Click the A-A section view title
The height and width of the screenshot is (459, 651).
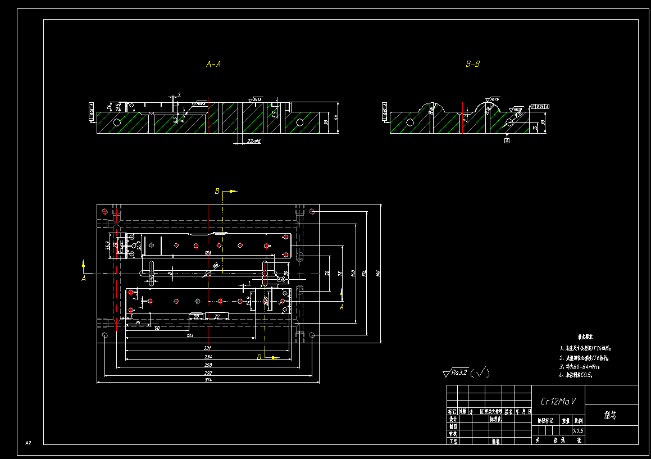[x=213, y=65]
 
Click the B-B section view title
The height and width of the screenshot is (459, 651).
[x=473, y=65]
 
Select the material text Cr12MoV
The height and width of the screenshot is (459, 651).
[x=558, y=402]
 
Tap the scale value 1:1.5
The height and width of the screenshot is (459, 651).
[x=578, y=431]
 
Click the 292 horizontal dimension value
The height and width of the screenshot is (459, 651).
[x=208, y=372]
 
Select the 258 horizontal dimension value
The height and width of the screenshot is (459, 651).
[x=208, y=365]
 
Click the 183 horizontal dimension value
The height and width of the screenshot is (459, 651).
[x=190, y=336]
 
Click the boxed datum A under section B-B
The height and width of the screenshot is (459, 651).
[x=507, y=141]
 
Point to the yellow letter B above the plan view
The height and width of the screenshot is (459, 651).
[x=217, y=192]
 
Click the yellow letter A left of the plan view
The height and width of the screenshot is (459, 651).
[x=84, y=278]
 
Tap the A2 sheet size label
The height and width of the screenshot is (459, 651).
[x=28, y=443]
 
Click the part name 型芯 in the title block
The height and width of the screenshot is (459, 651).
[x=611, y=415]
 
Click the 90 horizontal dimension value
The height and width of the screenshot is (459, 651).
[x=157, y=328]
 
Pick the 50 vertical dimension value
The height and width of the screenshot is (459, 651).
[x=327, y=272]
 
